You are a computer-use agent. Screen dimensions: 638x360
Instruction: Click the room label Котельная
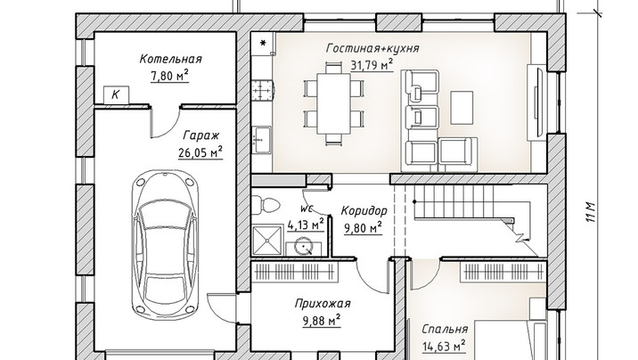170,59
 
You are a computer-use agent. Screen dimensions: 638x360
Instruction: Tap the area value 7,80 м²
169,75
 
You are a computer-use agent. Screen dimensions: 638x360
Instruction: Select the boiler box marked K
116,94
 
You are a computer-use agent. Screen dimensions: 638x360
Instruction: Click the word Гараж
201,135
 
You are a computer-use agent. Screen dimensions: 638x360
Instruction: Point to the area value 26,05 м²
200,152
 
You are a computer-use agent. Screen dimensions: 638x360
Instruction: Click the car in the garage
166,246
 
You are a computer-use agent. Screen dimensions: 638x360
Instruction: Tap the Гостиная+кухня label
372,48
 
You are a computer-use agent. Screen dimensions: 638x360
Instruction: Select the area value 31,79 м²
372,65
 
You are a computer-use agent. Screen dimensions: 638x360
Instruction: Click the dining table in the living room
333,103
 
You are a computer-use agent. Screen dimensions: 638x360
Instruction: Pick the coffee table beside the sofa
462,108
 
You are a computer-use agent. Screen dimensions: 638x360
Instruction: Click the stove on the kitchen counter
263,90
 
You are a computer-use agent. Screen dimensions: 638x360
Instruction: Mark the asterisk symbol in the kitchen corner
263,43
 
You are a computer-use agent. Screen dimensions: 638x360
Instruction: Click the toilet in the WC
265,204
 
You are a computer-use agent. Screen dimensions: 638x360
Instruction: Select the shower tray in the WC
267,241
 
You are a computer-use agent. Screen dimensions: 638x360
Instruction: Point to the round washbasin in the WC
304,247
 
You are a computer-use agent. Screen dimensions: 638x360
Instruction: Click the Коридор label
364,211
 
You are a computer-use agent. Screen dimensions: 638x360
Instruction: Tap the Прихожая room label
323,304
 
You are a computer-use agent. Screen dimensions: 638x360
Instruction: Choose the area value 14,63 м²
444,346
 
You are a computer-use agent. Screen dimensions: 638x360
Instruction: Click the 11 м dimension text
591,211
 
